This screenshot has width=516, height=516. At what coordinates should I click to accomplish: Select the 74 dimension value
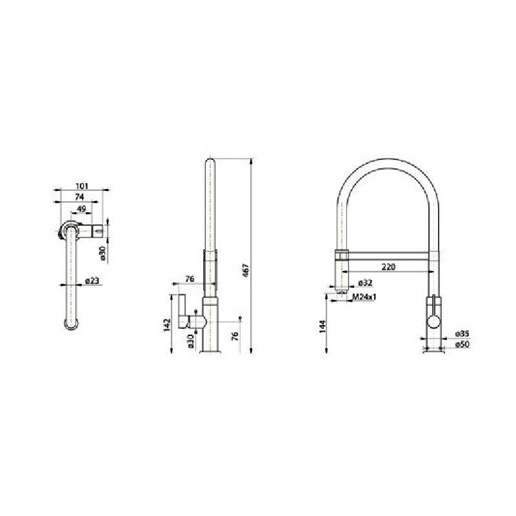click(x=80, y=197)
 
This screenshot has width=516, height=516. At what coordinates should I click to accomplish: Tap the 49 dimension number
click(x=81, y=209)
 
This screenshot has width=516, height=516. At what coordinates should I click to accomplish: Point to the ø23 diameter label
click(x=92, y=281)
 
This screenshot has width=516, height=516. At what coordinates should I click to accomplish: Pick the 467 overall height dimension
click(x=246, y=270)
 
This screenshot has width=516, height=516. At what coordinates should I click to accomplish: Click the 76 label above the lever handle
click(x=190, y=279)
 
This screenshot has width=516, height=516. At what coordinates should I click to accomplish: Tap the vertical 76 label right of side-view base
click(x=235, y=336)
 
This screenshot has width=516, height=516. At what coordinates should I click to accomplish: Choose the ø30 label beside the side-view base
click(x=191, y=341)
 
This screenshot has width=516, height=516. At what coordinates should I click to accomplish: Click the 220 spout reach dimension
click(x=388, y=266)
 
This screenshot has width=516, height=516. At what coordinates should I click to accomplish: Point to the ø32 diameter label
click(x=365, y=283)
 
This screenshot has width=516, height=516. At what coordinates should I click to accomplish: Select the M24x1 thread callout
click(x=365, y=297)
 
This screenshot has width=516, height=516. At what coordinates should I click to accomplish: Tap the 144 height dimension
click(x=321, y=326)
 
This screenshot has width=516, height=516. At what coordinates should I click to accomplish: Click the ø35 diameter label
click(x=462, y=333)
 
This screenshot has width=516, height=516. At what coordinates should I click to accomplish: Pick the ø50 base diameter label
click(x=462, y=345)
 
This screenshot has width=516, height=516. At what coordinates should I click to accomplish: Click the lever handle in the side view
click(x=182, y=313)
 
